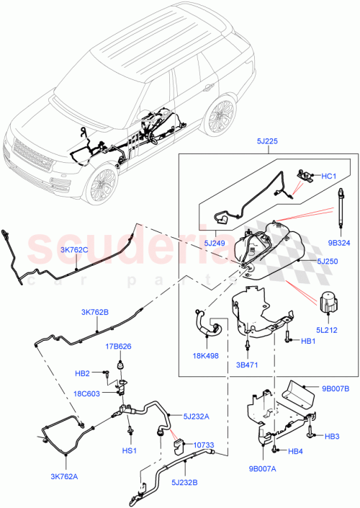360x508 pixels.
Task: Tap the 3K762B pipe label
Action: (x=95, y=312)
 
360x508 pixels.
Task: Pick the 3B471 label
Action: (x=247, y=365)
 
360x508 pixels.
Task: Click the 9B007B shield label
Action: (x=335, y=388)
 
